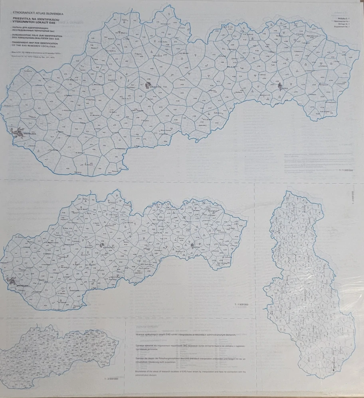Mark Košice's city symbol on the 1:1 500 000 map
tap(192, 245)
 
